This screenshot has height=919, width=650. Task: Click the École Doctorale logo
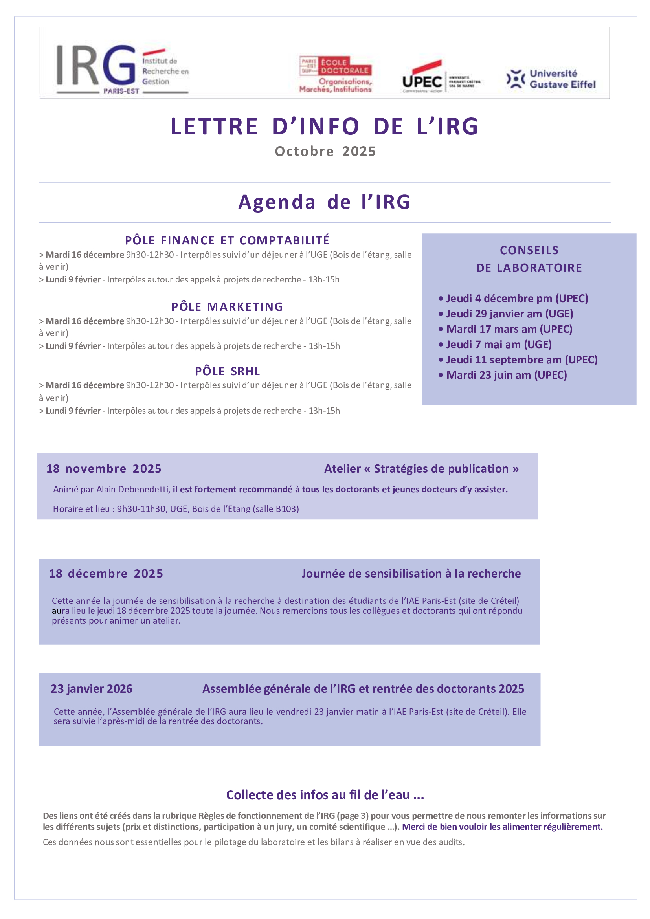tap(335, 74)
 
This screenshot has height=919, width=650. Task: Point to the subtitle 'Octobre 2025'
tap(325, 151)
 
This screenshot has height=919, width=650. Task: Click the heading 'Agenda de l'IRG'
tap(325, 202)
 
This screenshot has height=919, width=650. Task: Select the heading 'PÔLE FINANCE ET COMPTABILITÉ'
tap(227, 240)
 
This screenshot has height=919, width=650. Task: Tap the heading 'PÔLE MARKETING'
tap(227, 306)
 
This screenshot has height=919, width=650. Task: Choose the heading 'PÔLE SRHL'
tap(227, 371)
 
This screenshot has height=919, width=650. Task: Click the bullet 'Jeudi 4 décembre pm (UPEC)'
tap(516, 298)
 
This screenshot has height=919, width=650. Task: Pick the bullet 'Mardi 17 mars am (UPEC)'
tap(509, 329)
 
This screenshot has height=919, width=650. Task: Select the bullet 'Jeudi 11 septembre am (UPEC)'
tap(521, 360)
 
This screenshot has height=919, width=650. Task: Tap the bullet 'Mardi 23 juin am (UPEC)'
tap(506, 375)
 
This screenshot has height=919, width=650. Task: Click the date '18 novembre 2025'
tap(104, 469)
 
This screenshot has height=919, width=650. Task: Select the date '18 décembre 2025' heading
tap(106, 574)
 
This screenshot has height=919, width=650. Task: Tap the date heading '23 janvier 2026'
tap(91, 688)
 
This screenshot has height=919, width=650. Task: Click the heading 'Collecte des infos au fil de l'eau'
tap(325, 794)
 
